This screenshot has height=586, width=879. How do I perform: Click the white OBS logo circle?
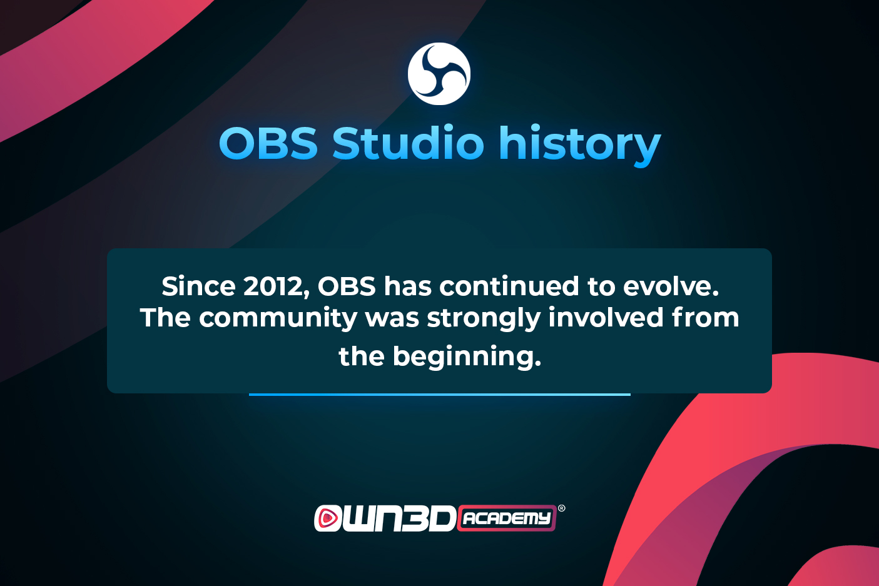coord(439,74)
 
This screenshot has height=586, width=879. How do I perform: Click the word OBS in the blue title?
coord(268,144)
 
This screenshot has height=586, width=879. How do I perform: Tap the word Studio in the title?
coord(408,142)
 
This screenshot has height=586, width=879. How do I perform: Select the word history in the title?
coord(579,146)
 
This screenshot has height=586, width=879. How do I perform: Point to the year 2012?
coord(277,287)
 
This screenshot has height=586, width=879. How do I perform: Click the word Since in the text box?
coord(198,286)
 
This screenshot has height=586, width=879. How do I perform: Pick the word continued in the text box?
coord(509,286)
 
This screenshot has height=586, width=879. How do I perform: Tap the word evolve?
coord(671,286)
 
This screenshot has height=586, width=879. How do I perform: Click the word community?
coord(278,318)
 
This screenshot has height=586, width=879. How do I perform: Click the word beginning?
coord(467,357)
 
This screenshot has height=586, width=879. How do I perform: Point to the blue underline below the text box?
coord(439,395)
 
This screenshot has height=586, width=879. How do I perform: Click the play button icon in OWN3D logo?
coord(327,518)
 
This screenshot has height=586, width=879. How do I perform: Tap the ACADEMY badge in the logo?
coord(507,518)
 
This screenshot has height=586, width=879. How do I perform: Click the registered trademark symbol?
coord(562,508)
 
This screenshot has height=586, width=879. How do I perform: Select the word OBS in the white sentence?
coord(347,286)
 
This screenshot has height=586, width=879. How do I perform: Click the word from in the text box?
coord(706,317)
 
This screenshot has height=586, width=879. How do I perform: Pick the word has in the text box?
coord(407,286)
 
